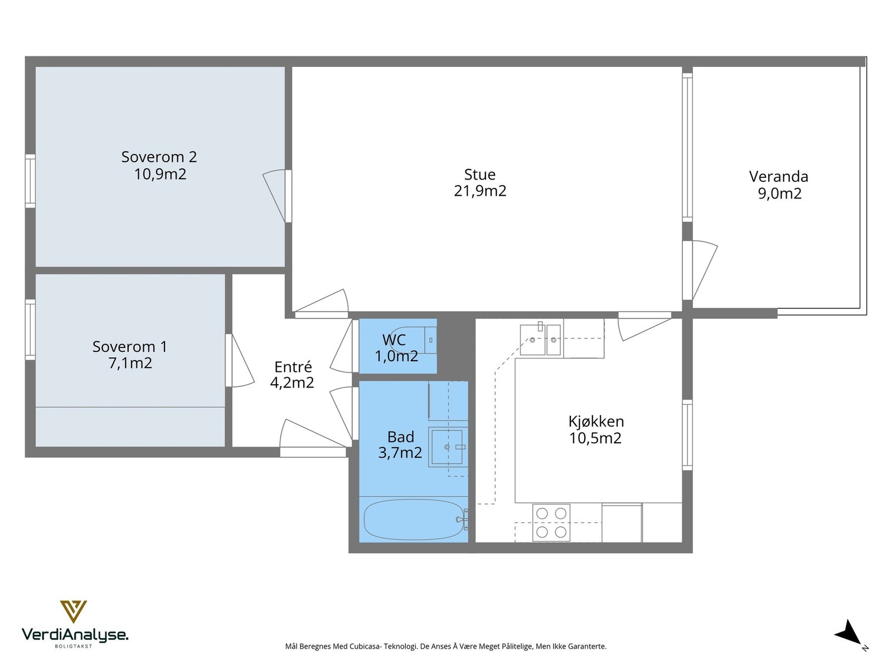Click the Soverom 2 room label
159,157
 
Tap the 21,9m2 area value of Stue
480,191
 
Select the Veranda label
778,176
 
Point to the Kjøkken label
596,421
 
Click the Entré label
293,367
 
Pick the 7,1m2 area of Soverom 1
130,363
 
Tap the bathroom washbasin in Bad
448,447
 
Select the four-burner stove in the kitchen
551,522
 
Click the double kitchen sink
541,340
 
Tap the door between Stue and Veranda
700,270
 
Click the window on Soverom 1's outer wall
30,329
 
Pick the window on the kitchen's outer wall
687,435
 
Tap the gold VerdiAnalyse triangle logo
74,612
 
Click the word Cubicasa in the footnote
365,646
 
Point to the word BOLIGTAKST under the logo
74,646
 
